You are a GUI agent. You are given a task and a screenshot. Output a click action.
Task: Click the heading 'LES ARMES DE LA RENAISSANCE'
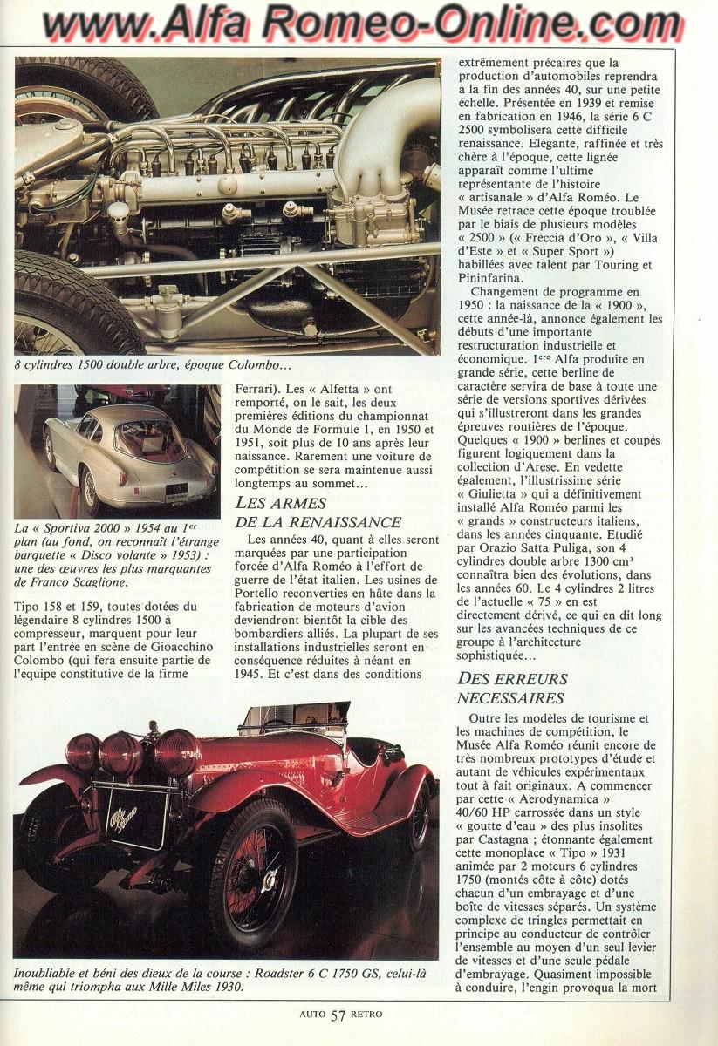coord(318,513)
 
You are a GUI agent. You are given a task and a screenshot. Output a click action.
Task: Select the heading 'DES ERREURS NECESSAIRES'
coord(512,688)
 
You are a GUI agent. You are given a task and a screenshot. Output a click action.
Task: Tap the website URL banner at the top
coord(359,24)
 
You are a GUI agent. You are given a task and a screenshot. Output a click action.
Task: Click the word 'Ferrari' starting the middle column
coord(260,391)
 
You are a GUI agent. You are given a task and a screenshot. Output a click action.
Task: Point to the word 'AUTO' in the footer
coord(312,1015)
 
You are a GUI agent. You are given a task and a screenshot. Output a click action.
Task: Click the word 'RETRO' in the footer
coord(367,1015)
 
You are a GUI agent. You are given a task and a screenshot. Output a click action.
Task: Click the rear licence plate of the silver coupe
coord(177,490)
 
